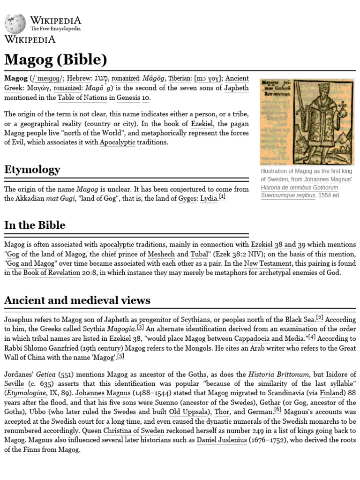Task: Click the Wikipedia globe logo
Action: [x=15, y=23]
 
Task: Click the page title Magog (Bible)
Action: [x=55, y=60]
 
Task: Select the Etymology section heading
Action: [x=32, y=170]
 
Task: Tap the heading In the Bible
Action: [x=35, y=225]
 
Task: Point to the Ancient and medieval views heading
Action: [x=77, y=300]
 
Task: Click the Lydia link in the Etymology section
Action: [x=209, y=198]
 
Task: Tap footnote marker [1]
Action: [x=222, y=197]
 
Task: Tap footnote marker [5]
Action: [x=120, y=356]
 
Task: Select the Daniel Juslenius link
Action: [x=225, y=440]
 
